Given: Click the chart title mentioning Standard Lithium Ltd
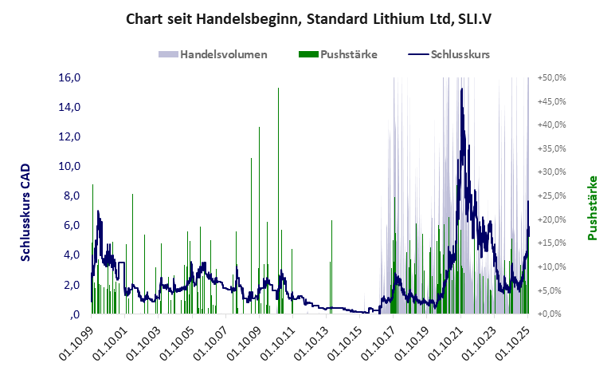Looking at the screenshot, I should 307,18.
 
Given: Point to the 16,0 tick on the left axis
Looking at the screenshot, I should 69,77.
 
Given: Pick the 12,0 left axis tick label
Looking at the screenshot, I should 69,136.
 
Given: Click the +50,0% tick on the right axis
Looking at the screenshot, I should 552,77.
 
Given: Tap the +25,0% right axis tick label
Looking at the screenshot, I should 552,195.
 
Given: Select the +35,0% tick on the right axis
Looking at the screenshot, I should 552,148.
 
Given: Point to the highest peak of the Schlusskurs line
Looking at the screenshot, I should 462,89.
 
